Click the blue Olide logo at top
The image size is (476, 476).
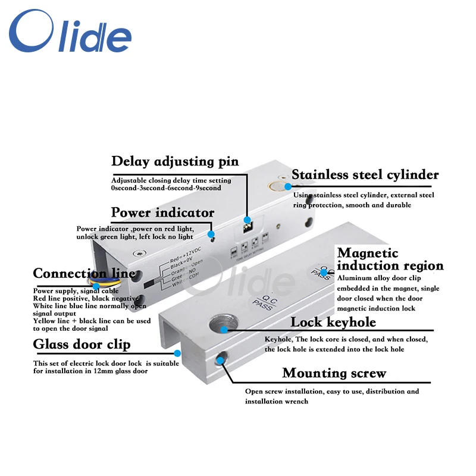point(70,35)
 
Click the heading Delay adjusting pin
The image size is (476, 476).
point(175,161)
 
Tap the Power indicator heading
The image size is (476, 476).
point(162,213)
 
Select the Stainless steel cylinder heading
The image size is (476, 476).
point(365,175)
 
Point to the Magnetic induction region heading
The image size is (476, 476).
point(390,259)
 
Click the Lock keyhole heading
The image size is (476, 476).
point(333,322)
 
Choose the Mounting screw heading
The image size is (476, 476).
point(334,374)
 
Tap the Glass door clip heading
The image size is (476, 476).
point(82,345)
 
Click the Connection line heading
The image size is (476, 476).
point(84,274)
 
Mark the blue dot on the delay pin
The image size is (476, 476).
point(247,220)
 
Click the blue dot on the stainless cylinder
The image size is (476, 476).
point(288,186)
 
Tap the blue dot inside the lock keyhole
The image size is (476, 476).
point(224,329)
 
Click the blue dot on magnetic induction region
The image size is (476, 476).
point(324,273)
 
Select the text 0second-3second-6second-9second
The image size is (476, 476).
point(166,188)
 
